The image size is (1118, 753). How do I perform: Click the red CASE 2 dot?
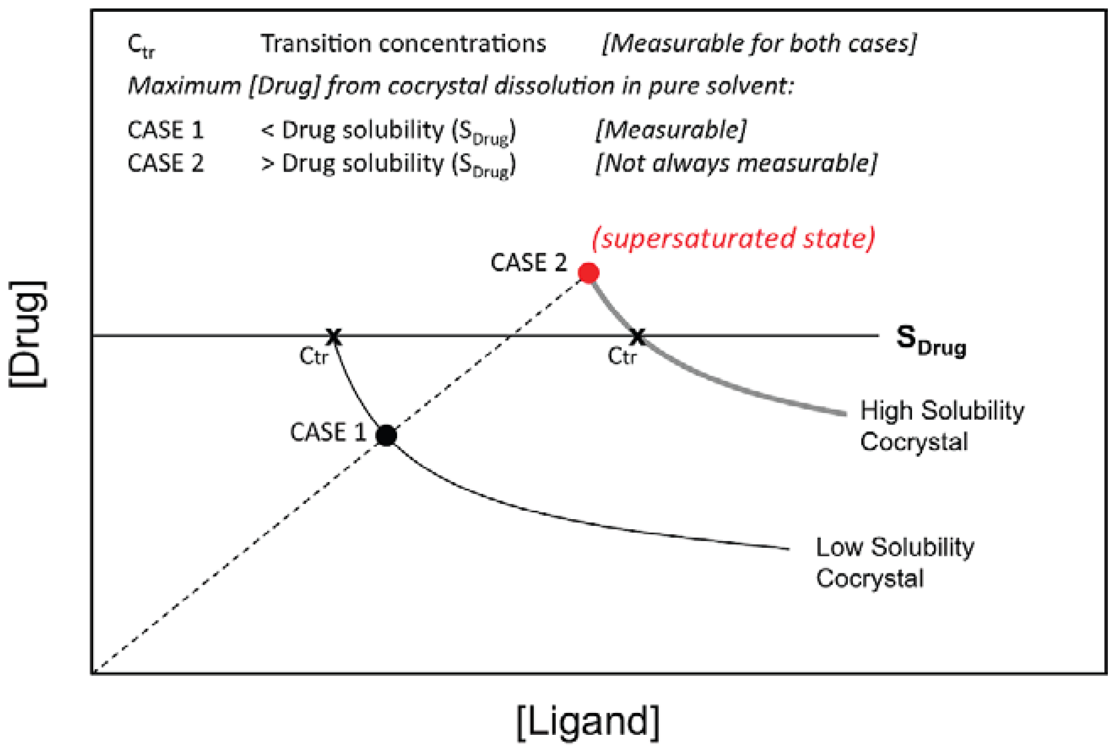[x=588, y=273]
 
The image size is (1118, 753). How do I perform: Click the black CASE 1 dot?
[x=387, y=436]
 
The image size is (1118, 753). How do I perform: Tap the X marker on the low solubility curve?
[x=333, y=337]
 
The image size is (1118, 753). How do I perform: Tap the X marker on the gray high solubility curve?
[x=637, y=337]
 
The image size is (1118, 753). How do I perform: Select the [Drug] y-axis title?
[x=28, y=334]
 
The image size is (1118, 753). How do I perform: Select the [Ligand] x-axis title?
[x=587, y=721]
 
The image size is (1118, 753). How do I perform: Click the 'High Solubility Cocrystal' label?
[x=942, y=426]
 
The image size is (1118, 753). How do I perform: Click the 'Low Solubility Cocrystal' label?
[x=895, y=562]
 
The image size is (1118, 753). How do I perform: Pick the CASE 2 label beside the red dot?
[x=528, y=263]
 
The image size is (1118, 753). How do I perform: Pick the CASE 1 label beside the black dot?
[x=328, y=432]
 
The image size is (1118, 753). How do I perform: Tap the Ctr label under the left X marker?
[x=314, y=356]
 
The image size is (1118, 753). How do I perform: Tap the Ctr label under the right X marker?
[x=622, y=356]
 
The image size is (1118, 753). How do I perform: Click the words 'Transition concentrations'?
[x=403, y=44]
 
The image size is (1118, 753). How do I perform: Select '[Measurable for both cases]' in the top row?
[x=759, y=44]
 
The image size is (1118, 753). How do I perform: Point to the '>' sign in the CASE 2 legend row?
[x=267, y=164]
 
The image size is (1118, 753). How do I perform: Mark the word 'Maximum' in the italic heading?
[x=184, y=86]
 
